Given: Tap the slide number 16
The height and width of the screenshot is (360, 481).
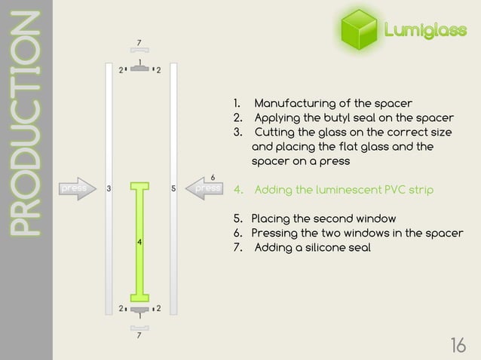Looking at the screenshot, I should tap(457, 345).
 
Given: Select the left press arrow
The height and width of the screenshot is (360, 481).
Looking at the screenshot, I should tap(74, 188).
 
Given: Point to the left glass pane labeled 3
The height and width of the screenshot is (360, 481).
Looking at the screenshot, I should tap(109, 188).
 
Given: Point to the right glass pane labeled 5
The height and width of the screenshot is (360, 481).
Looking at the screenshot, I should tap(173, 188).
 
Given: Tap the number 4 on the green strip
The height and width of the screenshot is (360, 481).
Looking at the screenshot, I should tap(139, 242).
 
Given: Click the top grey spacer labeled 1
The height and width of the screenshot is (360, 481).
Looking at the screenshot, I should tap(139, 69).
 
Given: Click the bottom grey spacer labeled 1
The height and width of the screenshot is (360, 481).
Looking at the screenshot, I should tap(139, 309).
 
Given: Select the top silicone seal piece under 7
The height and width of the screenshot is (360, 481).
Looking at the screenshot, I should tap(139, 50).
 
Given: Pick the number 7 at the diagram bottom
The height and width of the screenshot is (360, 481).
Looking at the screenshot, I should tap(139, 336).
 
